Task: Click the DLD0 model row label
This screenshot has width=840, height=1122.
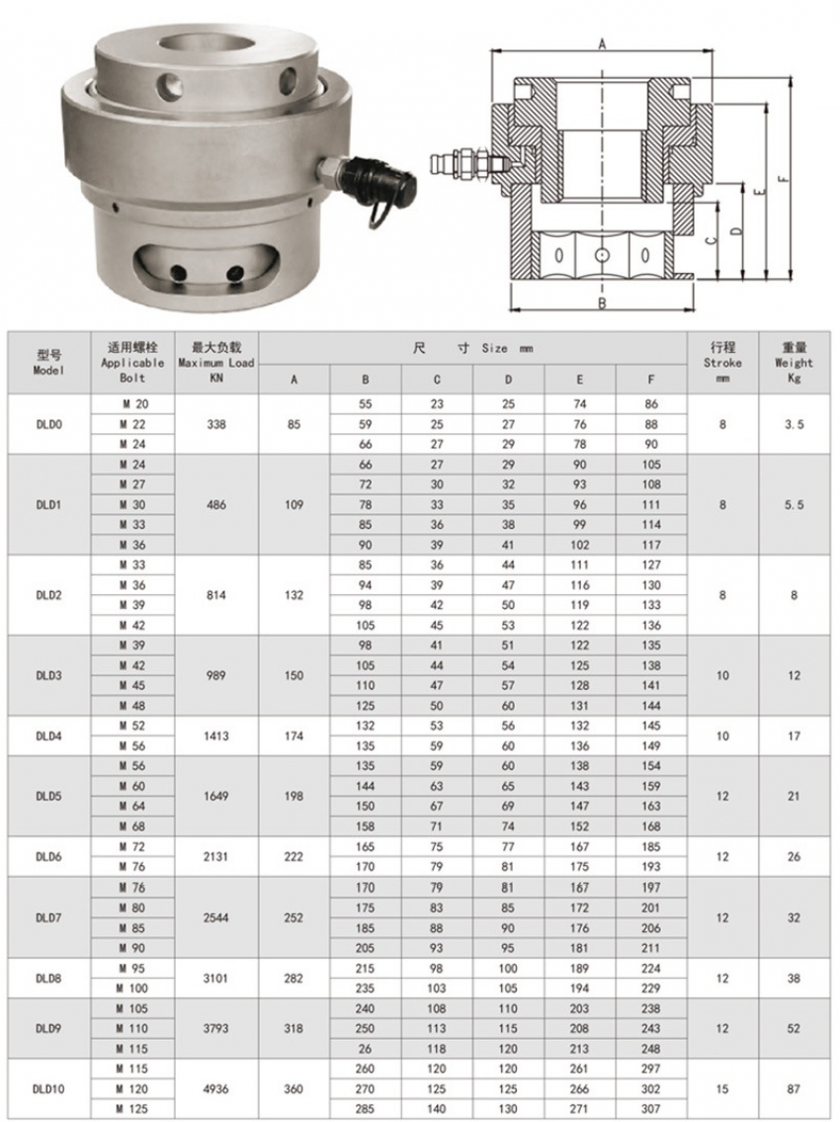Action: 47,424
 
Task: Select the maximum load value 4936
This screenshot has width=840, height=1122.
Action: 216,1088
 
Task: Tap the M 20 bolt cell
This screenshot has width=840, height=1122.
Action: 132,404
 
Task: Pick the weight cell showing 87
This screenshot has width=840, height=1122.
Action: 794,1088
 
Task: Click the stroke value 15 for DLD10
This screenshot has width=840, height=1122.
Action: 722,1088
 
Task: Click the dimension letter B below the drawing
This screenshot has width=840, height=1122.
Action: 602,303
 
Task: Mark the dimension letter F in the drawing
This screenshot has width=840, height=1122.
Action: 782,179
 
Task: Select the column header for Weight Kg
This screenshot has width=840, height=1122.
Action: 794,362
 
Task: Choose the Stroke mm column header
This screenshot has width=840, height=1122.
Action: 722,362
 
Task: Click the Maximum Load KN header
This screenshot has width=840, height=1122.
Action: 216,362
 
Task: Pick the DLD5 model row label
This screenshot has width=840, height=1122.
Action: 47,796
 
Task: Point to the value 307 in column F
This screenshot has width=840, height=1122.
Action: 650,1108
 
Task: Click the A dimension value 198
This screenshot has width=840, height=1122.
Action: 294,796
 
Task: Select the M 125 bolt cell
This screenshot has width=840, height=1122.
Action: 132,1108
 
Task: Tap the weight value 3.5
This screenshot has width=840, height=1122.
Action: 794,424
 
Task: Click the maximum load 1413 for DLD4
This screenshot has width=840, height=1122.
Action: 216,735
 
